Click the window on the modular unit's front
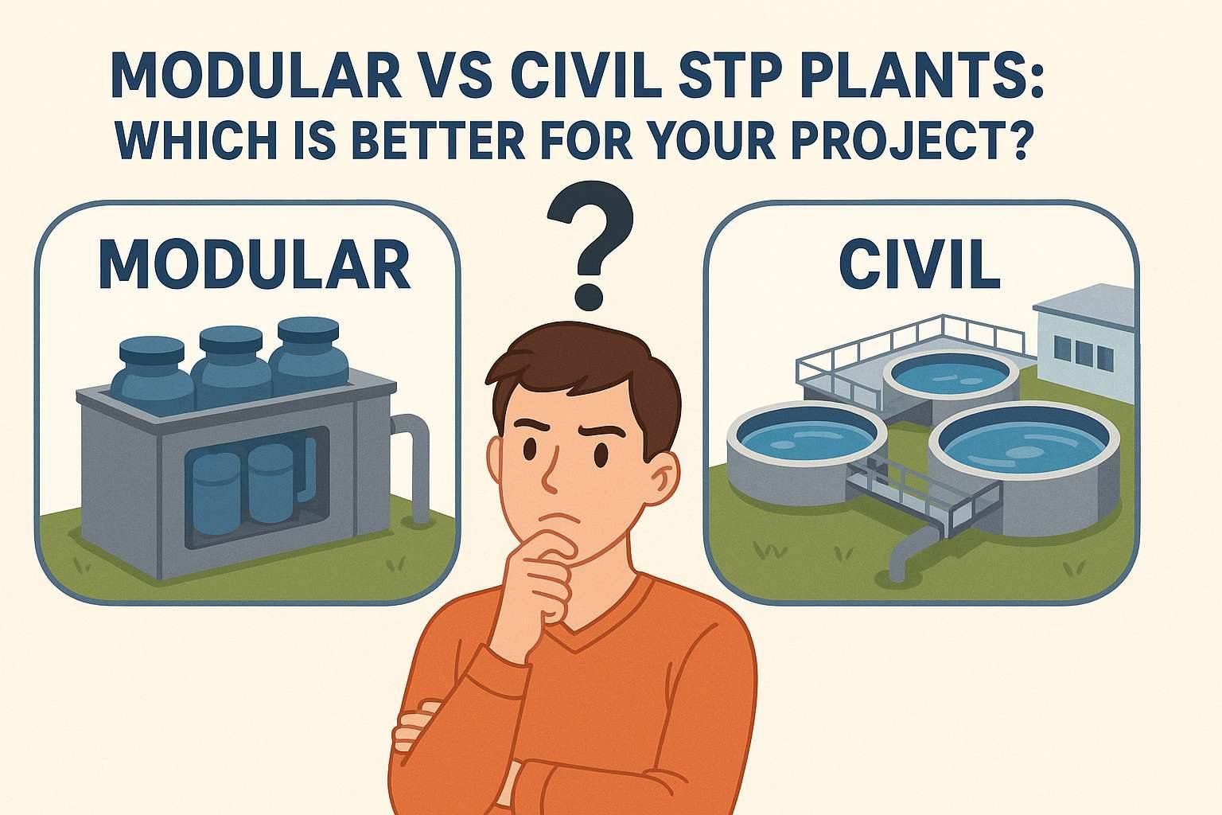pos(255,485)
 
